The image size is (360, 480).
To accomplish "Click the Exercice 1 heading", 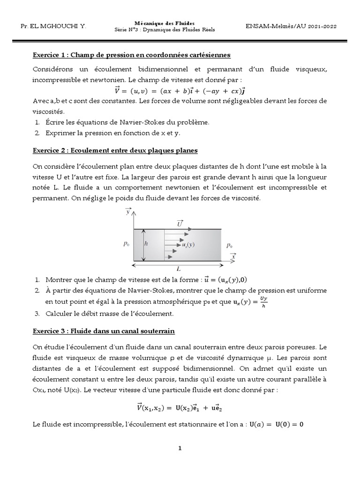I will click(131, 55).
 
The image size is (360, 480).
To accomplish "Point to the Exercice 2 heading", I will click(115, 150).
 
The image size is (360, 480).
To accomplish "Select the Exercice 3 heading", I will click(104, 331).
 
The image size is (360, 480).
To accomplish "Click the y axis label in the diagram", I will click(128, 212).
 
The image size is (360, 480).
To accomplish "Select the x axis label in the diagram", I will click(233, 256).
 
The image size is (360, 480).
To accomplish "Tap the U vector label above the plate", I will click(180, 224).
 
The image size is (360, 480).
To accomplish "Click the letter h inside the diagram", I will click(146, 244).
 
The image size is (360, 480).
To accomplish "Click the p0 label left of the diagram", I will click(126, 244).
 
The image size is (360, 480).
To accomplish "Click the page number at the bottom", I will click(180, 448).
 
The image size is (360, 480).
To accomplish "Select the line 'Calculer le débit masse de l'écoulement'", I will click(109, 313).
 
